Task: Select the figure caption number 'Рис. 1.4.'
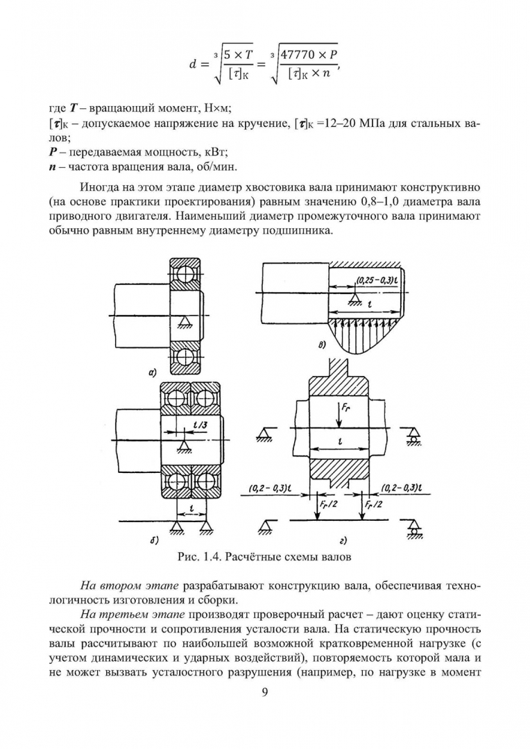point(198,557)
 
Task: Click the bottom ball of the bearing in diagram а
point(185,356)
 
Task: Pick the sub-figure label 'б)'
point(154,541)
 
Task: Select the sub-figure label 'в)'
point(323,345)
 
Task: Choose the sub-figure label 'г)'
point(343,541)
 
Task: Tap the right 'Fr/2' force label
point(373,504)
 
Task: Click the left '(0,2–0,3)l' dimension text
point(271,488)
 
